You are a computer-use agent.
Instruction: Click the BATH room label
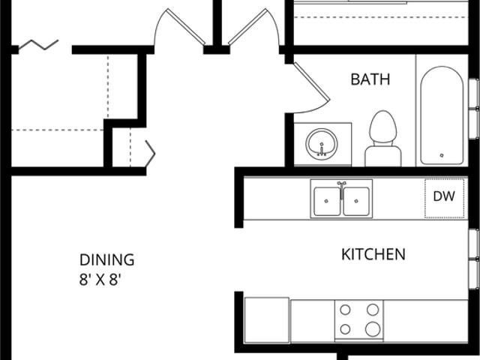(x=370, y=79)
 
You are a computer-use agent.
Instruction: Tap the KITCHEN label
(x=373, y=254)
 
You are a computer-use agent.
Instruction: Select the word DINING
(x=106, y=260)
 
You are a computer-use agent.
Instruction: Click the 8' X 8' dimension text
(x=100, y=280)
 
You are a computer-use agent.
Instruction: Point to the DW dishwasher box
(x=443, y=198)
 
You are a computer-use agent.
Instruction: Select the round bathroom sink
(x=322, y=142)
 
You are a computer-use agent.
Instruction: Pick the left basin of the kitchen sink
(x=327, y=199)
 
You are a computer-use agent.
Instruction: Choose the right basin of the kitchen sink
(x=356, y=199)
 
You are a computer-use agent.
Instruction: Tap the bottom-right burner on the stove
(x=372, y=328)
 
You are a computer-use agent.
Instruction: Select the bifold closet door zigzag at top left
(x=39, y=45)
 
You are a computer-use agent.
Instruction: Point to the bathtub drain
(x=442, y=155)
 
